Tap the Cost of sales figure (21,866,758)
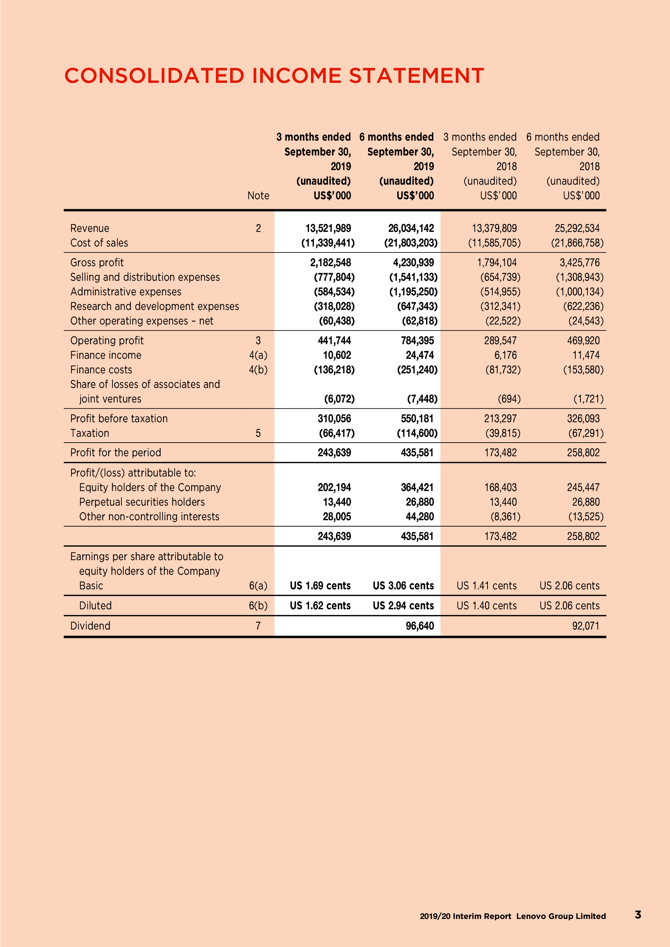point(577,243)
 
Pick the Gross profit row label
point(97,263)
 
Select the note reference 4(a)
point(258,355)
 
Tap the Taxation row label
point(90,433)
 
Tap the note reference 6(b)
point(258,606)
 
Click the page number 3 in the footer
point(638,915)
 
